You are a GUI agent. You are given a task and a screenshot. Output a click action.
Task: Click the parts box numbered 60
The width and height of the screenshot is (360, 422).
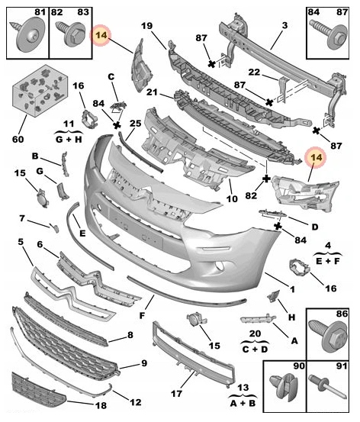coord(40,90)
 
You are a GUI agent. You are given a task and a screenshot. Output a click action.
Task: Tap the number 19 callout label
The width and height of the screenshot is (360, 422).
coord(146,26)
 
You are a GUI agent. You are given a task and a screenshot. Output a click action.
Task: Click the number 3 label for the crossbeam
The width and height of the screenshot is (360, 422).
coord(284,26)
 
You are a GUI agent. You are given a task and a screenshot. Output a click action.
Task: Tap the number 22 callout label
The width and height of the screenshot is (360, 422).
coord(254,72)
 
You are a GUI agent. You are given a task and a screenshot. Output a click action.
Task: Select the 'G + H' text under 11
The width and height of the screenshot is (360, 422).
coord(69,139)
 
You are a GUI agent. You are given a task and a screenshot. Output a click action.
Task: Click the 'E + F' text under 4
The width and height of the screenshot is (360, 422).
coord(328,260)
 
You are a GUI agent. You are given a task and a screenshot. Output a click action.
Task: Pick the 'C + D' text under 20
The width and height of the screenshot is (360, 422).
coord(255,349)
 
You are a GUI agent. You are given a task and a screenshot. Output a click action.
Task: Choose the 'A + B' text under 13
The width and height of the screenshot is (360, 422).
coord(243,403)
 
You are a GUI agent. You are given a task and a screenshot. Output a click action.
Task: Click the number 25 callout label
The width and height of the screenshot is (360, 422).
coord(135,124)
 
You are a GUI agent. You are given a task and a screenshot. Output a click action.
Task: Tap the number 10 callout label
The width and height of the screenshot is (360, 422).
coord(232,199)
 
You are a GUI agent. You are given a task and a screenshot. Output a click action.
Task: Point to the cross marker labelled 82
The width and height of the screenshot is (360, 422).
coord(266,179)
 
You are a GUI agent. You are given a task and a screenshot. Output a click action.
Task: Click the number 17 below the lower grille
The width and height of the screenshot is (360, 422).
coord(176,394)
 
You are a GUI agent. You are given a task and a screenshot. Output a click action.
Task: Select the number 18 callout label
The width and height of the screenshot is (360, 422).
coord(101,405)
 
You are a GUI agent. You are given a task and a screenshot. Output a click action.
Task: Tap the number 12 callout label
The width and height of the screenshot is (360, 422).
coord(135,402)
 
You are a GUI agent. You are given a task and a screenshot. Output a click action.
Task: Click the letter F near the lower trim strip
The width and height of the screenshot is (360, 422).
coord(142,315)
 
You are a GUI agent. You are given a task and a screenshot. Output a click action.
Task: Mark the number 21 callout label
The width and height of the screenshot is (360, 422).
coord(153,92)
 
